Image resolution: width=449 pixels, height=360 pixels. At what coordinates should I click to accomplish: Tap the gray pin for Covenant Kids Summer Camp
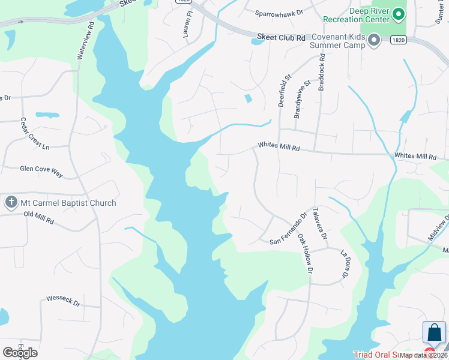[375, 41]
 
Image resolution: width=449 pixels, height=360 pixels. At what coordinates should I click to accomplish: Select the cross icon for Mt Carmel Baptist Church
[11, 202]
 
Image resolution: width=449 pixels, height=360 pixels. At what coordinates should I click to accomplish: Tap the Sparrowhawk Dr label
[279, 12]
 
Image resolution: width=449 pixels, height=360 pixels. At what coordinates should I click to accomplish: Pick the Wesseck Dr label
[63, 299]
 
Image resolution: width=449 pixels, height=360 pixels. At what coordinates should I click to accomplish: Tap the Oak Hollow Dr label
[305, 253]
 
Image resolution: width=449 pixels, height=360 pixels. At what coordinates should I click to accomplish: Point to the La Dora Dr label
[344, 263]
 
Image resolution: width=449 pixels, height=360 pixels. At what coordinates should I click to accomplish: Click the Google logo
[20, 352]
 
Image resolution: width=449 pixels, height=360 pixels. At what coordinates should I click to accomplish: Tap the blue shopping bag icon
[434, 332]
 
